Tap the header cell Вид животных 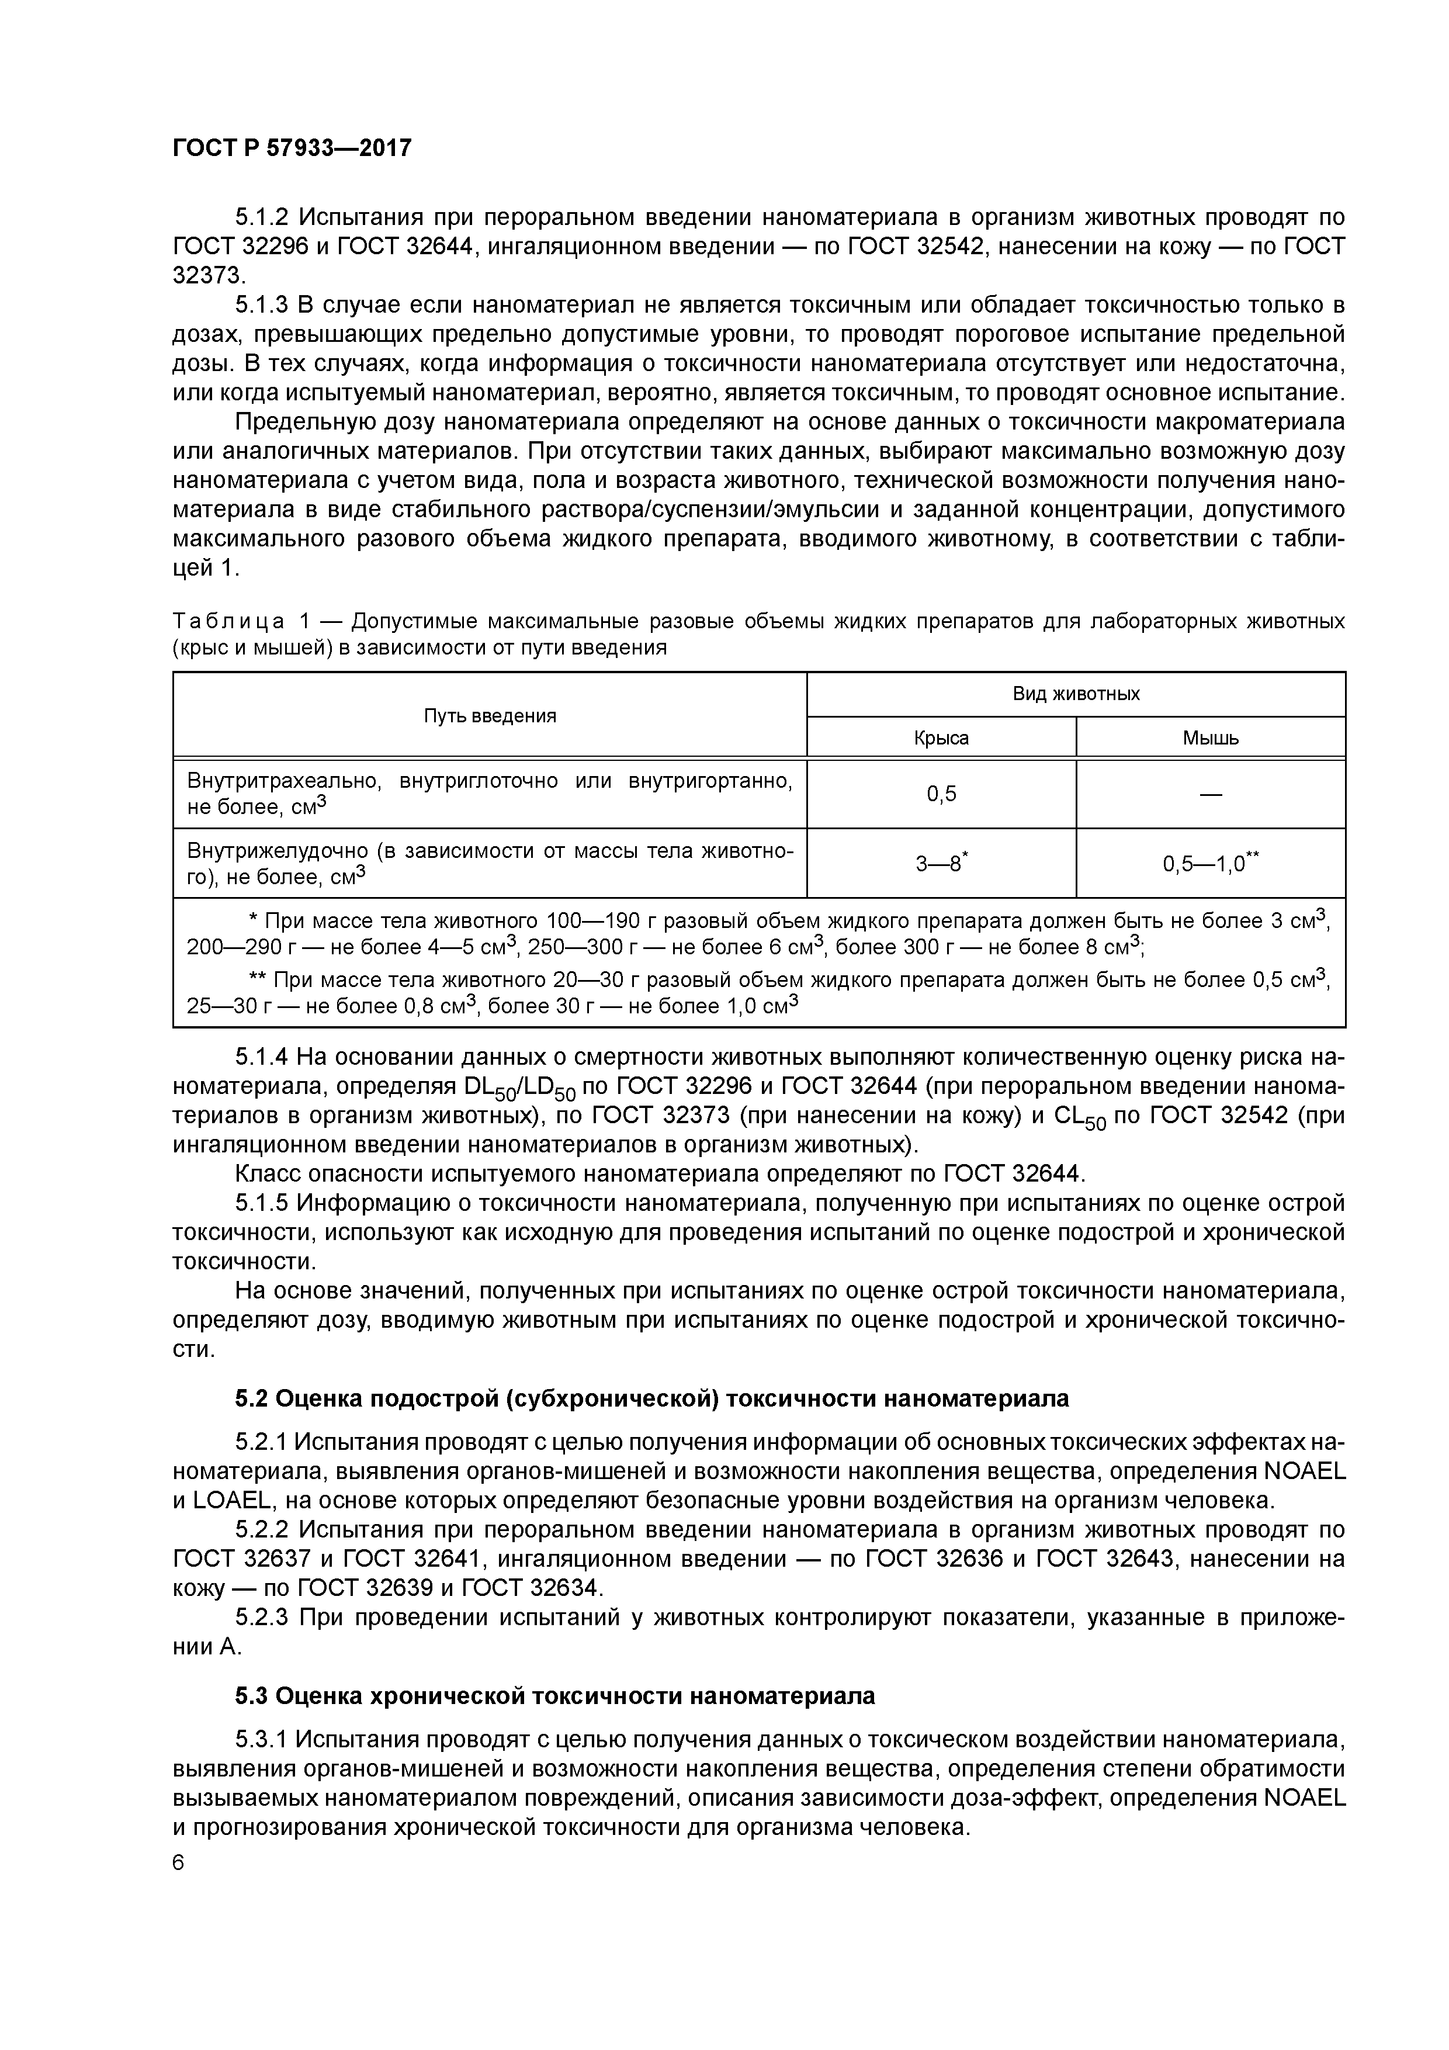click(x=1076, y=694)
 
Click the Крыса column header click(x=941, y=739)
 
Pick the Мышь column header click(x=1211, y=739)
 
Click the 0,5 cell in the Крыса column click(x=941, y=794)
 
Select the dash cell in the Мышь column click(x=1211, y=794)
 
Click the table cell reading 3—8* click(x=942, y=863)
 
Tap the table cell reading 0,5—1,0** click(x=1211, y=863)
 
